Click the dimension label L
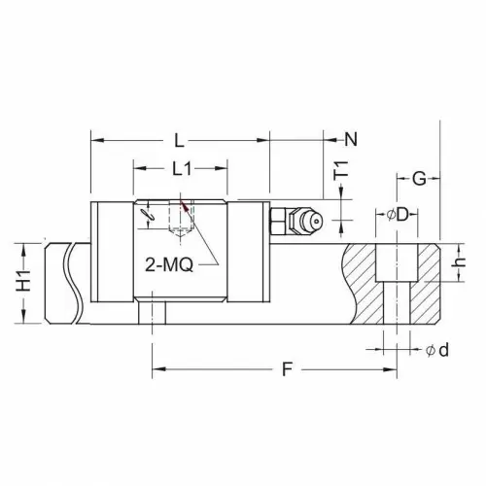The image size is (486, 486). coord(179,140)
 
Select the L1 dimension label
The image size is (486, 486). coord(182,168)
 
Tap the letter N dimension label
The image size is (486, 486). coord(351,139)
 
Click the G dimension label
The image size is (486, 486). coord(419,179)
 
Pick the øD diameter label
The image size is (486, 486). coord(399,215)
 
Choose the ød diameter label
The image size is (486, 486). coord(437,350)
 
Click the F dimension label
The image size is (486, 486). coord(287,369)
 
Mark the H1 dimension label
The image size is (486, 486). coord(24,281)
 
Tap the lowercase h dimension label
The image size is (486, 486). coord(459,262)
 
